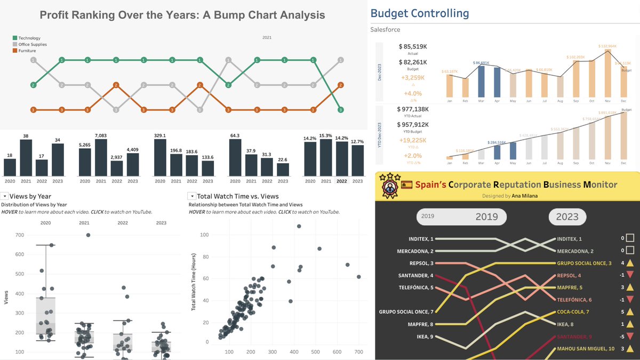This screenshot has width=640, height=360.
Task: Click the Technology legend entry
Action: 29,38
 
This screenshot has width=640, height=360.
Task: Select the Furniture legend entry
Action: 27,51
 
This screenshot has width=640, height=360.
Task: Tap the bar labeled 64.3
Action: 235,158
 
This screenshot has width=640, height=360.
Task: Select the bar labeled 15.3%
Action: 327,158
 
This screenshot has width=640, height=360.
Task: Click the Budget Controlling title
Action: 420,13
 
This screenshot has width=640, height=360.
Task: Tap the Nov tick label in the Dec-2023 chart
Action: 608,100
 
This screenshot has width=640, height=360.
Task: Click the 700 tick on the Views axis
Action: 20,235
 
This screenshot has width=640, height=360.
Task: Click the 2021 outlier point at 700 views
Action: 88,235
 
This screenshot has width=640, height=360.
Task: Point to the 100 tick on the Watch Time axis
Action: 205,235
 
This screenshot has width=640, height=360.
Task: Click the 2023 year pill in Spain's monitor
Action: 567,217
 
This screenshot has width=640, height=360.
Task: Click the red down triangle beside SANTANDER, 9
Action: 630,337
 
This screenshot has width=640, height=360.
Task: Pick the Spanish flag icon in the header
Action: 407,185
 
